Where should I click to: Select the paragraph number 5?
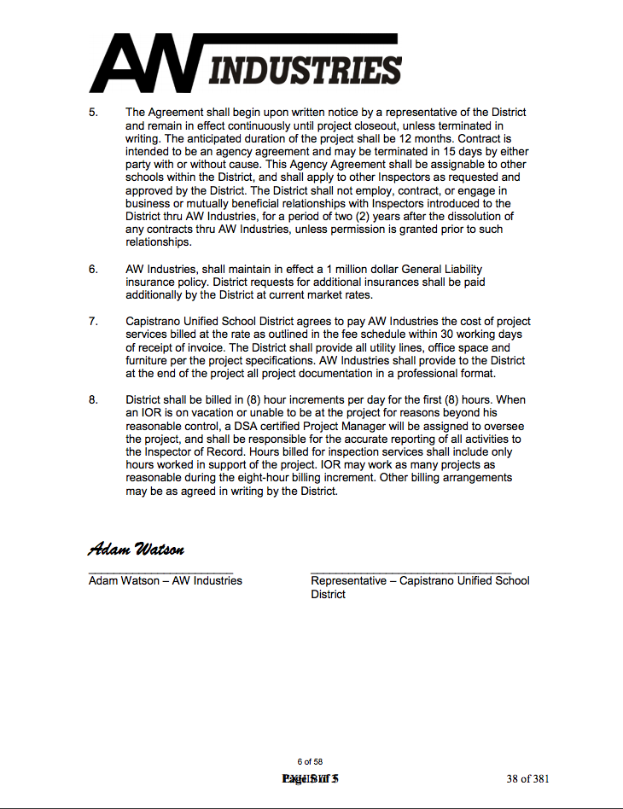(x=93, y=113)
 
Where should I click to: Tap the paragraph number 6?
(x=93, y=269)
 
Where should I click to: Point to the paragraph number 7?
(x=93, y=322)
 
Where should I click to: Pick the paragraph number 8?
(x=93, y=399)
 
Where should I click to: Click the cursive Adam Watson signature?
(x=136, y=548)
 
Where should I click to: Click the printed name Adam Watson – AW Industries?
(x=165, y=580)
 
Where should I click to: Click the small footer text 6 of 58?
(x=310, y=761)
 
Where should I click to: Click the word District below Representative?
(x=329, y=594)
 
